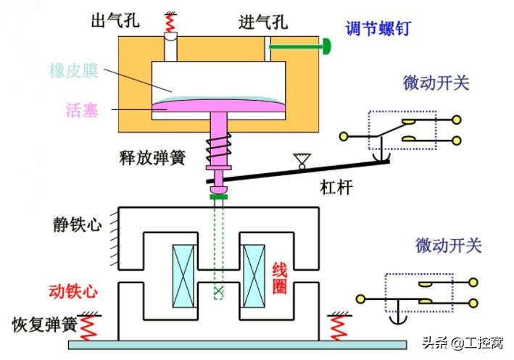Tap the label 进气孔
(x=262, y=22)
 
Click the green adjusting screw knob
(x=327, y=48)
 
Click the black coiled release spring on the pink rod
(x=217, y=152)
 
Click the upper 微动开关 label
(x=436, y=82)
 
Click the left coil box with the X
(x=183, y=275)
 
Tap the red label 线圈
(x=280, y=278)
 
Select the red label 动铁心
(x=72, y=291)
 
